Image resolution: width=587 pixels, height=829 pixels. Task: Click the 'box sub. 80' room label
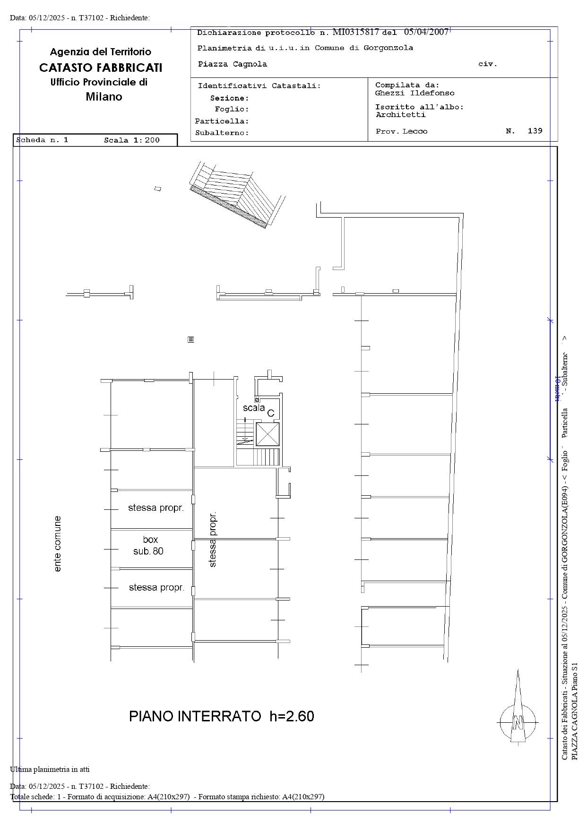(149, 545)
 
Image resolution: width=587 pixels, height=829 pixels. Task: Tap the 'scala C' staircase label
(259, 410)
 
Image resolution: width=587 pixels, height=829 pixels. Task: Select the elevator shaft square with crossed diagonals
(268, 434)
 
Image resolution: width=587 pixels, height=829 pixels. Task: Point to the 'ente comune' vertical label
(58, 544)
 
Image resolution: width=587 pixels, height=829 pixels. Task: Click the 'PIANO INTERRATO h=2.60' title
(222, 716)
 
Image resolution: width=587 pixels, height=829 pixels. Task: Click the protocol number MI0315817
(356, 32)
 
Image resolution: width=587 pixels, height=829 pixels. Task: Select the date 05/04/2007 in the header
(426, 32)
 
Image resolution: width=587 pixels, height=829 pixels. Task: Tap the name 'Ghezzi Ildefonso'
(414, 93)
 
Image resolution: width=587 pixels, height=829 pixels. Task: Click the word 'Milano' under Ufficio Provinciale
(104, 97)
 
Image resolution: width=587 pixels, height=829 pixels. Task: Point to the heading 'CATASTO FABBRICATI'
(101, 68)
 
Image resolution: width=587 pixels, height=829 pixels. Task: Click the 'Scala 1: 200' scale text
(132, 140)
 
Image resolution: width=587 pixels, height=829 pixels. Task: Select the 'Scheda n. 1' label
(42, 140)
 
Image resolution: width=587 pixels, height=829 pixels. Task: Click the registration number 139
(535, 131)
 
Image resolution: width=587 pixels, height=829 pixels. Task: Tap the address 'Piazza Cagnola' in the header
(233, 64)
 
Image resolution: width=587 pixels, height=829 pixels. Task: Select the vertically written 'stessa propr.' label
(212, 539)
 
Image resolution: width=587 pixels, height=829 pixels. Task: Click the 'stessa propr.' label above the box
(156, 508)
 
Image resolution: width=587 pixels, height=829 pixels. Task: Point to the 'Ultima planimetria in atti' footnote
(50, 770)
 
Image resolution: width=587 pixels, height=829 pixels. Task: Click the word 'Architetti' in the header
(401, 115)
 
